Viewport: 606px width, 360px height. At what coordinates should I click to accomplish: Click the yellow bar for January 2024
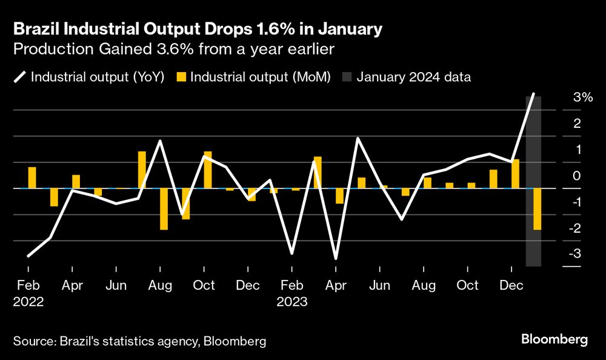pyautogui.click(x=537, y=209)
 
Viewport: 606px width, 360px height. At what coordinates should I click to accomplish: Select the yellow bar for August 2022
pyautogui.click(x=164, y=209)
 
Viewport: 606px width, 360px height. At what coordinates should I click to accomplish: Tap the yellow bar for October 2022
pyautogui.click(x=208, y=170)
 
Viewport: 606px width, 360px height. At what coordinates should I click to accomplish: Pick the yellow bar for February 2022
pyautogui.click(x=32, y=178)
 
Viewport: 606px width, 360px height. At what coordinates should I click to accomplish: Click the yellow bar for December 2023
pyautogui.click(x=516, y=174)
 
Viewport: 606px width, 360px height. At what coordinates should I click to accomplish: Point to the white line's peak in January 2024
pyautogui.click(x=533, y=94)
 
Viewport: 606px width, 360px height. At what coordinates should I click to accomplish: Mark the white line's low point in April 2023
pyautogui.click(x=336, y=259)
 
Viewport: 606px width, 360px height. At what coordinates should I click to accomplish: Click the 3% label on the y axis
pyautogui.click(x=582, y=97)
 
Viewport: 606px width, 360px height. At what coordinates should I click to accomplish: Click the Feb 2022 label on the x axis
pyautogui.click(x=27, y=293)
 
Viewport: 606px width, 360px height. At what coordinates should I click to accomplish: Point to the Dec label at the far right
pyautogui.click(x=511, y=285)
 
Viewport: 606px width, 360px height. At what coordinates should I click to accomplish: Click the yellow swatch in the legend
pyautogui.click(x=181, y=77)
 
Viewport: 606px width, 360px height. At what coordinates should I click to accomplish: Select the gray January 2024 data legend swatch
pyautogui.click(x=347, y=77)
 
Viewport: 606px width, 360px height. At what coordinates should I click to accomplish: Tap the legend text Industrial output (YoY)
pyautogui.click(x=98, y=77)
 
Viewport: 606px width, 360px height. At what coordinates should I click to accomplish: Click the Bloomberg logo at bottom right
pyautogui.click(x=555, y=339)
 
